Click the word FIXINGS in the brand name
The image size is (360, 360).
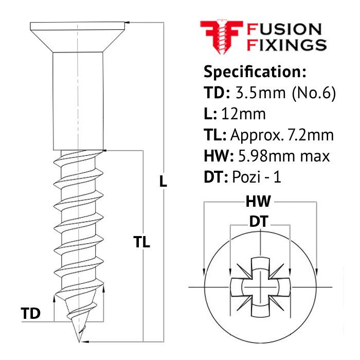tap(287, 44)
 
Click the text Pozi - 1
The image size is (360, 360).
tap(257, 177)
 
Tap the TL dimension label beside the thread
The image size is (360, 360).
tap(142, 242)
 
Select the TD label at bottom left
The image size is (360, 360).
tap(31, 313)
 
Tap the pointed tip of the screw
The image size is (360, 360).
tap(79, 339)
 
